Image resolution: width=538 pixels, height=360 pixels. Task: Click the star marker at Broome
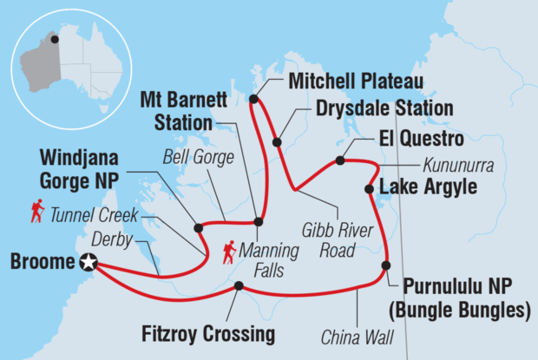click(x=88, y=263)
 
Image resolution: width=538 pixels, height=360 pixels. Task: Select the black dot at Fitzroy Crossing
click(x=238, y=286)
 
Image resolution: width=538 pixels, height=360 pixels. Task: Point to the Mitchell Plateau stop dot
click(x=253, y=99)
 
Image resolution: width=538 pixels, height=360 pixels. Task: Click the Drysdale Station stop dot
click(x=277, y=141)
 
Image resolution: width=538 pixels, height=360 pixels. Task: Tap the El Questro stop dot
click(x=340, y=160)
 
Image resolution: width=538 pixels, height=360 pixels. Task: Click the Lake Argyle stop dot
click(x=370, y=189)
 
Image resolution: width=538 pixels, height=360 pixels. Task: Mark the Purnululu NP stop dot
click(x=385, y=265)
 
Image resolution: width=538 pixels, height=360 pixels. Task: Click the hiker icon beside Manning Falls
click(x=230, y=252)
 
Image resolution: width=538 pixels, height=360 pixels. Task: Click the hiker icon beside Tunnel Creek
click(x=37, y=211)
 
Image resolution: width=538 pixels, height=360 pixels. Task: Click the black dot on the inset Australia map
click(x=56, y=39)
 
